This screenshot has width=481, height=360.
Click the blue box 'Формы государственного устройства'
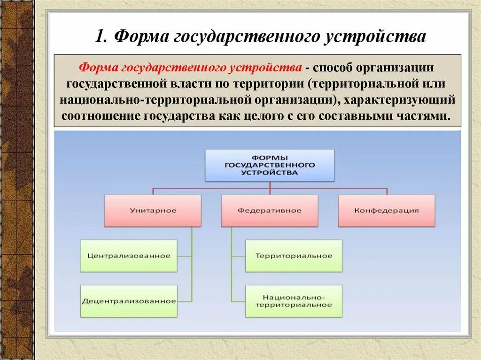(270, 165)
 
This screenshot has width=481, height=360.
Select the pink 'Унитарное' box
(153, 211)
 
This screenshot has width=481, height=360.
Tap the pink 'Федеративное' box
(269, 211)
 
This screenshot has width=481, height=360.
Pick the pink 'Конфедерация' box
(386, 211)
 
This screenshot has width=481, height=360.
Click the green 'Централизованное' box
(129, 256)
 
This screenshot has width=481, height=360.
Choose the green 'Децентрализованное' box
(129, 301)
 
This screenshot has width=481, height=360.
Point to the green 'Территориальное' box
(294, 256)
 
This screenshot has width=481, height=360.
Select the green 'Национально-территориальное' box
(294, 301)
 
